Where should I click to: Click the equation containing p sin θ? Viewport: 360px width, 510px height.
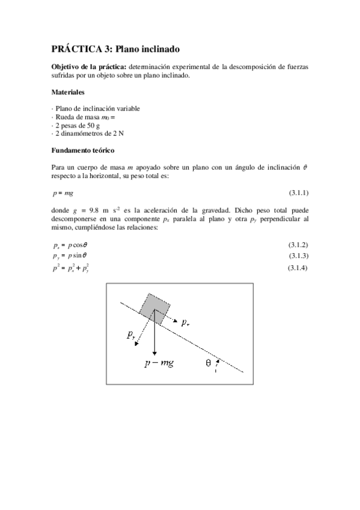[x=70, y=257]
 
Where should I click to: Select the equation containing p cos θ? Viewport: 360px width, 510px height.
[x=71, y=245]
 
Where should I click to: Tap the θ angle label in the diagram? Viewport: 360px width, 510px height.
[x=207, y=363]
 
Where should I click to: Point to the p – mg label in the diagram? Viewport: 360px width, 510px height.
[x=159, y=364]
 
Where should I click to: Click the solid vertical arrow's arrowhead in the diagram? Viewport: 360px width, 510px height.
[x=155, y=353]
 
